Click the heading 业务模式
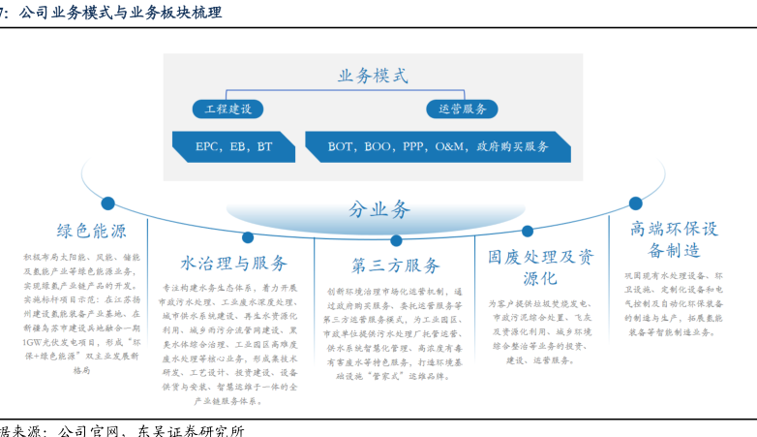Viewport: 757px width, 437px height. pyautogui.click(x=373, y=76)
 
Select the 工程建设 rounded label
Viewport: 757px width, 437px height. pyautogui.click(x=223, y=109)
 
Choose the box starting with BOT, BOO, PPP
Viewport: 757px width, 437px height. pyautogui.click(x=438, y=146)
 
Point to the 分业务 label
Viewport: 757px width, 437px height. pyautogui.click(x=379, y=209)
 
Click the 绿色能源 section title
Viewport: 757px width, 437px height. pyautogui.click(x=91, y=232)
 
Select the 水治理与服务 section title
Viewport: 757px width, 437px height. pyautogui.click(x=233, y=264)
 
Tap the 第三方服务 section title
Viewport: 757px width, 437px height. pyautogui.click(x=395, y=265)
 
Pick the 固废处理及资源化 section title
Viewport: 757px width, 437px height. pyautogui.click(x=541, y=267)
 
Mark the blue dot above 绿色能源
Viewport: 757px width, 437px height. pyautogui.click(x=108, y=204)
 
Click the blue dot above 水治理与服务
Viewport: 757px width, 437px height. pyautogui.click(x=248, y=236)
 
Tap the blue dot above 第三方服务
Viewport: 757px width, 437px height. pyautogui.click(x=395, y=240)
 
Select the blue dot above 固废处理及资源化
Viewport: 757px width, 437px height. pyautogui.click(x=528, y=231)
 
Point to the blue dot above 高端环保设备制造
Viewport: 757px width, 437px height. pyautogui.click(x=636, y=203)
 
